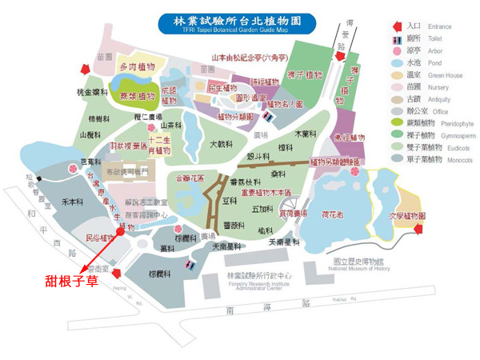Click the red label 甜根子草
70,281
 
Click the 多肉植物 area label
137,68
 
